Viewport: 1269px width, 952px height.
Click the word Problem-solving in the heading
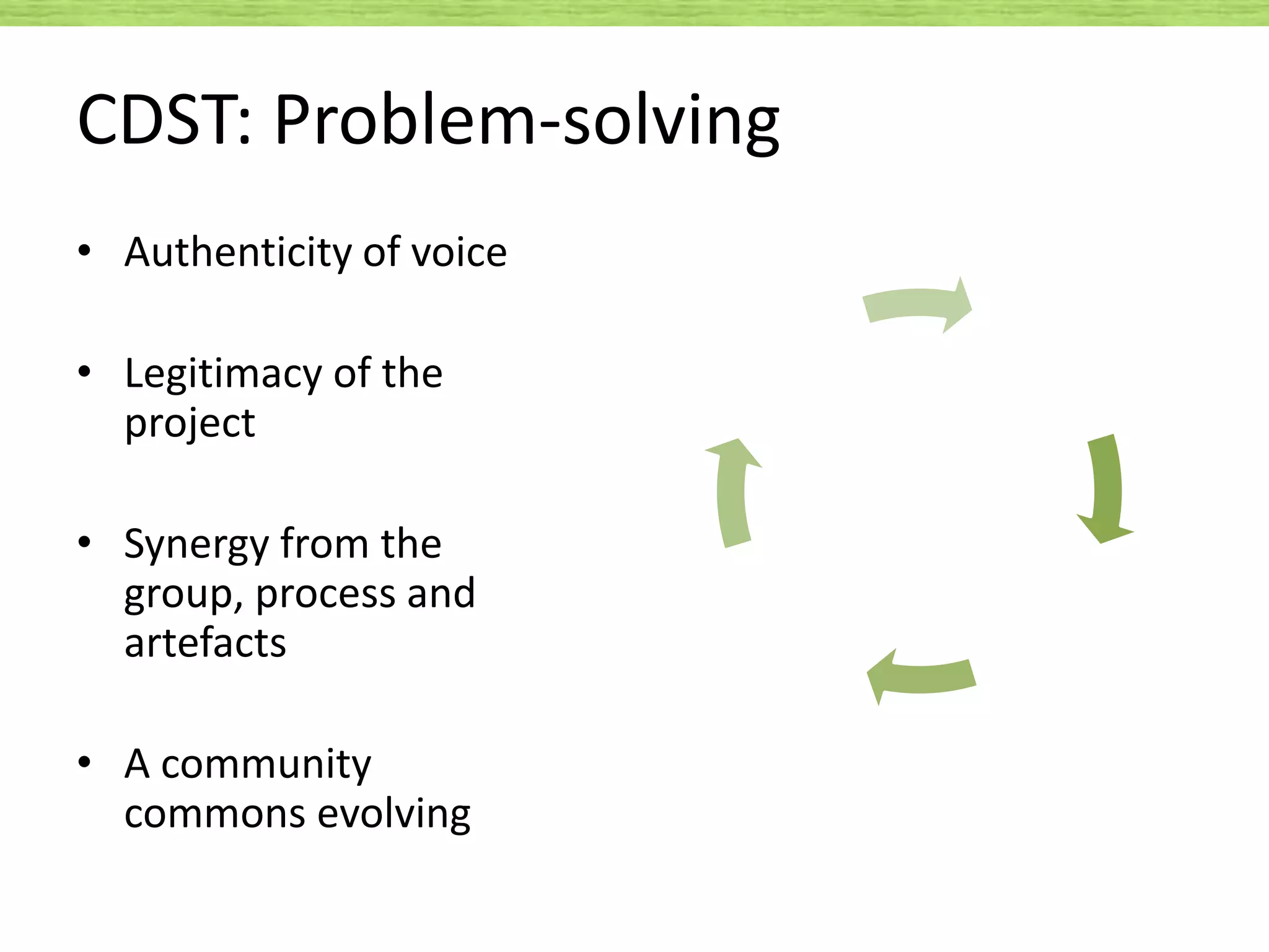click(x=527, y=121)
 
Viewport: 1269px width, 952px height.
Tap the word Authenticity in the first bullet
click(x=239, y=253)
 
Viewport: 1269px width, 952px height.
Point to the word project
click(x=190, y=424)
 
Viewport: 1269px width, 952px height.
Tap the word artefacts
click(x=205, y=643)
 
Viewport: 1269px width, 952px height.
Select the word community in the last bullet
click(x=266, y=764)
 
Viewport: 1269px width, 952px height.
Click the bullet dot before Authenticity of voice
click(x=85, y=251)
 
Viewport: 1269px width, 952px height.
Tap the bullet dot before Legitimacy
click(x=85, y=372)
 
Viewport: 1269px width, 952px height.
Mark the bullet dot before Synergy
click(x=85, y=543)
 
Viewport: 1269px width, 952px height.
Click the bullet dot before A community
click(x=85, y=763)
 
